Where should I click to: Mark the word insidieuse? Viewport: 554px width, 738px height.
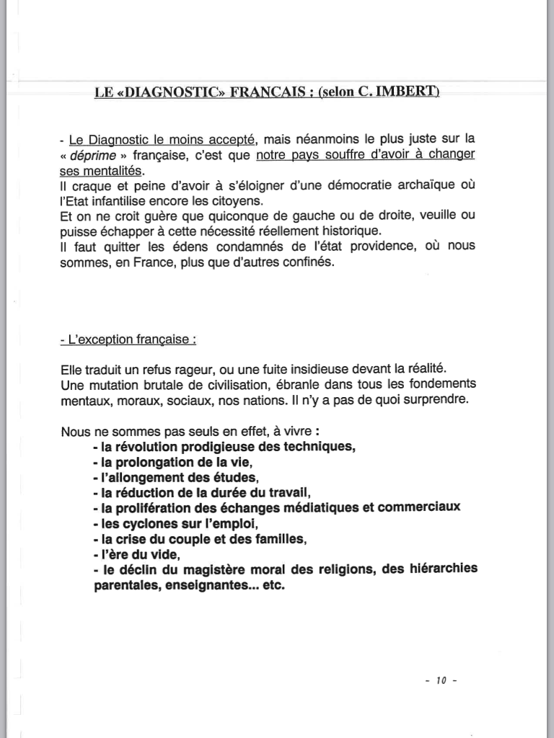(313, 369)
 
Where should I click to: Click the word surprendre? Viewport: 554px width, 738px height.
(431, 399)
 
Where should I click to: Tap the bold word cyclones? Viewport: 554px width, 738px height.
(152, 523)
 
